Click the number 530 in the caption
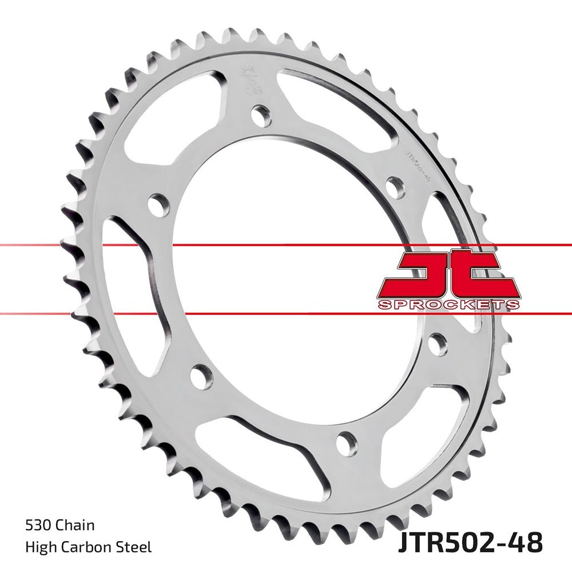pos(37,525)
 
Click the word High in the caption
pos(38,547)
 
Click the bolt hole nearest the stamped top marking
pos(261,116)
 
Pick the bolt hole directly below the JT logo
pos(438,344)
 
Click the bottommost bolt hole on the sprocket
pos(347,443)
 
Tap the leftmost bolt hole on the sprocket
pos(158,205)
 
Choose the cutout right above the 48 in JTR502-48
pos(423,435)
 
